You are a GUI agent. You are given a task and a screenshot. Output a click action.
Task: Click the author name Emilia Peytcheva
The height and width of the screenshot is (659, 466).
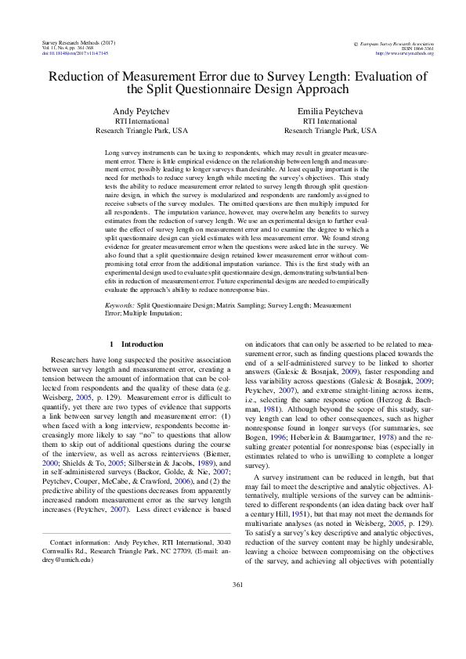(x=330, y=112)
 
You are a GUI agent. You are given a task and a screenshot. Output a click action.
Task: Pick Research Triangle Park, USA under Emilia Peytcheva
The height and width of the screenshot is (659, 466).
(x=330, y=131)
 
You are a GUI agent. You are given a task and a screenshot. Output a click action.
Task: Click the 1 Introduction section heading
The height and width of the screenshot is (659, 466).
(x=136, y=344)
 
